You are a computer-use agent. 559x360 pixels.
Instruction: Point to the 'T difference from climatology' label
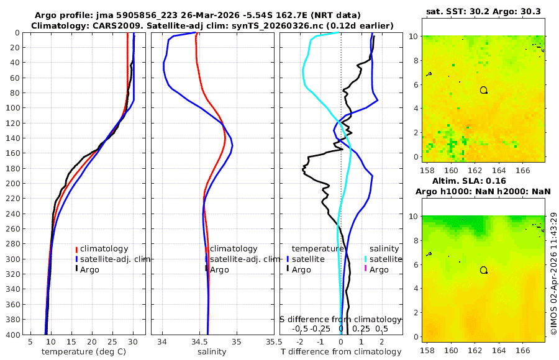pyautogui.click(x=340, y=352)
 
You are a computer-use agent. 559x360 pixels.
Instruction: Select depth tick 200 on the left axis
pyautogui.click(x=12, y=183)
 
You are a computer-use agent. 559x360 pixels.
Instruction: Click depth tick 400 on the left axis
pyautogui.click(x=12, y=335)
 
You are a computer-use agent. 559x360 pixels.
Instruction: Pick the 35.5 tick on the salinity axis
pyautogui.click(x=270, y=341)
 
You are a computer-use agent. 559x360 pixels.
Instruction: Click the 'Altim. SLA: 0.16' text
pyautogui.click(x=483, y=181)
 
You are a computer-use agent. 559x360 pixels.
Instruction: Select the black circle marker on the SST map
pyautogui.click(x=483, y=90)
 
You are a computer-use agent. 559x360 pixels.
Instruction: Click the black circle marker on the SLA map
pyautogui.click(x=483, y=270)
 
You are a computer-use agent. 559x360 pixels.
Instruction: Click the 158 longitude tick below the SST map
pyautogui.click(x=427, y=169)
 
